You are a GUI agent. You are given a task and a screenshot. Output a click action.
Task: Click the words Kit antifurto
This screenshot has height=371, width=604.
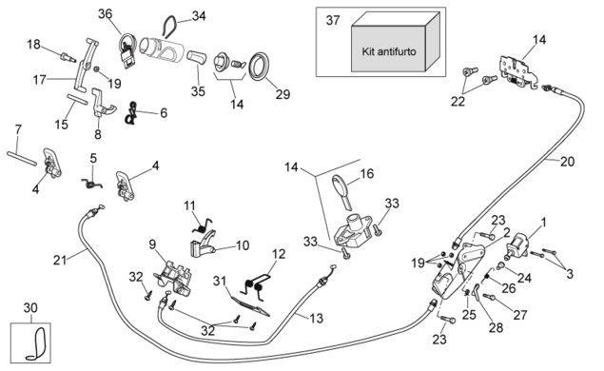tap(389, 51)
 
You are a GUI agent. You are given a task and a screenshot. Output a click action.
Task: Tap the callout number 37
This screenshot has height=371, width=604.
tap(333, 20)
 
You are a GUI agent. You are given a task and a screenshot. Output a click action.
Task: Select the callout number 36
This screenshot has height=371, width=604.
tap(105, 14)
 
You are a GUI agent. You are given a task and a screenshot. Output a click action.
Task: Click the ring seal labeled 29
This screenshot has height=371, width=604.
tap(259, 67)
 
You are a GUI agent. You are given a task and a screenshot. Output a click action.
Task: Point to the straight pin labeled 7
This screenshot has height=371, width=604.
tap(22, 158)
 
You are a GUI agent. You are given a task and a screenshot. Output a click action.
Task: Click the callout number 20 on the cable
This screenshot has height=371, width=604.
tap(567, 162)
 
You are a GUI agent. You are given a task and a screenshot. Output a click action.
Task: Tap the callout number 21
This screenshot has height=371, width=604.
tap(60, 261)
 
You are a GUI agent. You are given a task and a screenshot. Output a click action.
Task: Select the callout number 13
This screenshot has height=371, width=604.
tap(316, 319)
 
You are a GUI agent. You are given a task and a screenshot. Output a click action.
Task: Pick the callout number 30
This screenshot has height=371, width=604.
tap(30, 308)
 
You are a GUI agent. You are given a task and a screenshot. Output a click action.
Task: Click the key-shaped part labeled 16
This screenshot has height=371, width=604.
tap(341, 190)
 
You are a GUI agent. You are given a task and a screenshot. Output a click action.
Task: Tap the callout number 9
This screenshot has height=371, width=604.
tap(152, 244)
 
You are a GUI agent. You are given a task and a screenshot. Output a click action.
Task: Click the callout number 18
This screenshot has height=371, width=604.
tap(33, 45)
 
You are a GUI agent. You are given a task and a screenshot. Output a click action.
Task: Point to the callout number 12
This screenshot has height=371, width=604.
tap(279, 254)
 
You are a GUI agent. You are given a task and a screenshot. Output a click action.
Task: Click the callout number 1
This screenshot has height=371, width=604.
tap(543, 223)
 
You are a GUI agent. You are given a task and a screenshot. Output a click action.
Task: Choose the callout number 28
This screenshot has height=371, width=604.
tap(496, 327)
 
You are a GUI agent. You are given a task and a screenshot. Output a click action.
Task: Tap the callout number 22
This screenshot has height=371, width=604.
tap(458, 102)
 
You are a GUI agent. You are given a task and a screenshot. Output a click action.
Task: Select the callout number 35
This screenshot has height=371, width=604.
tap(198, 91)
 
